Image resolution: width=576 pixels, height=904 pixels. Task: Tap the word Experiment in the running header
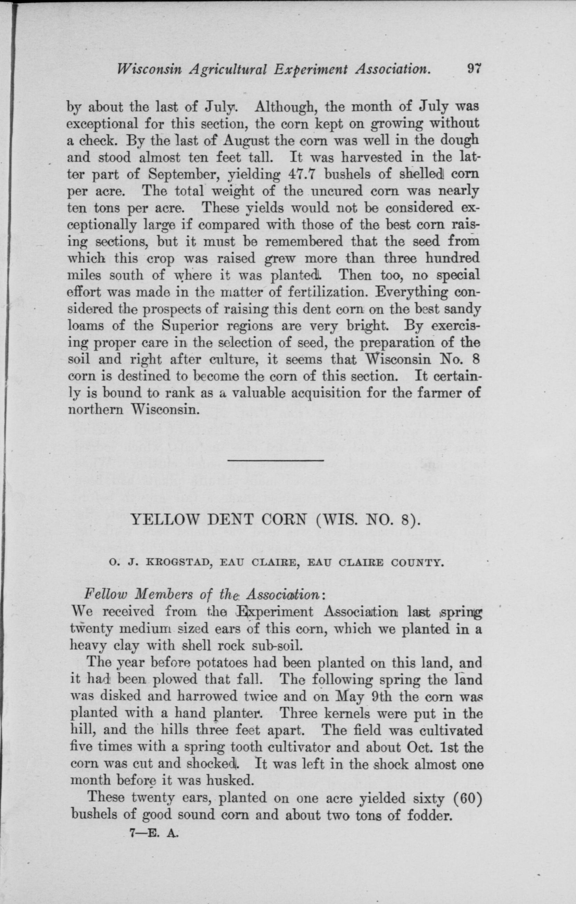tap(313, 70)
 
